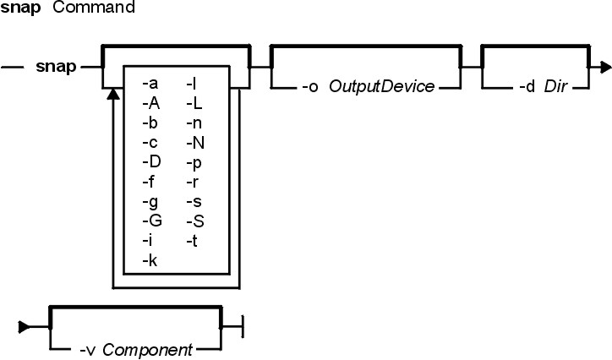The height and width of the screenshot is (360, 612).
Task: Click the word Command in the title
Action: [x=94, y=7]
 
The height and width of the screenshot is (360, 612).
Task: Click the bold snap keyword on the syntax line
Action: [x=56, y=67]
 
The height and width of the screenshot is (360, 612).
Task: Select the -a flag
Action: [x=150, y=84]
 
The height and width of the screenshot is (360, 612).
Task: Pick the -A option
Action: [x=151, y=103]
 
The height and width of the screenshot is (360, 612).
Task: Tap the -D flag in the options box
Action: [x=151, y=162]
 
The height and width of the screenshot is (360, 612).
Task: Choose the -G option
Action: [x=152, y=221]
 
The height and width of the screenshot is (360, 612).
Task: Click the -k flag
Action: [x=150, y=260]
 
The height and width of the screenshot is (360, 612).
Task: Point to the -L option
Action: [x=194, y=103]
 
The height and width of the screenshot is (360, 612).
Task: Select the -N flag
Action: [x=195, y=143]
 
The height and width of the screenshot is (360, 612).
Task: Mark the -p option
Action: [x=194, y=163]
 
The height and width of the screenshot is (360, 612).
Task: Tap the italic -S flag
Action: [x=195, y=221]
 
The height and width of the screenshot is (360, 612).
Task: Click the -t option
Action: [x=192, y=241]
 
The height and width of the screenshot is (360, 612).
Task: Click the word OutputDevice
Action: [x=382, y=86]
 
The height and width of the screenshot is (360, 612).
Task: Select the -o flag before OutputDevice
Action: [x=310, y=86]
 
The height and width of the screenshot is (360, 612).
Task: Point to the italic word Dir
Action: [x=555, y=86]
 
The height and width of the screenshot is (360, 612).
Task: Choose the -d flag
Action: [x=527, y=86]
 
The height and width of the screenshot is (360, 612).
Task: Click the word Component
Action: [x=148, y=350]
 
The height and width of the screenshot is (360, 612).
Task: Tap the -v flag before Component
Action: [x=87, y=350]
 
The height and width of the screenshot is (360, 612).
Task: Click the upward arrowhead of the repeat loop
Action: [x=113, y=94]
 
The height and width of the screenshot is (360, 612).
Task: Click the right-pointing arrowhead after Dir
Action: [x=606, y=67]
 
